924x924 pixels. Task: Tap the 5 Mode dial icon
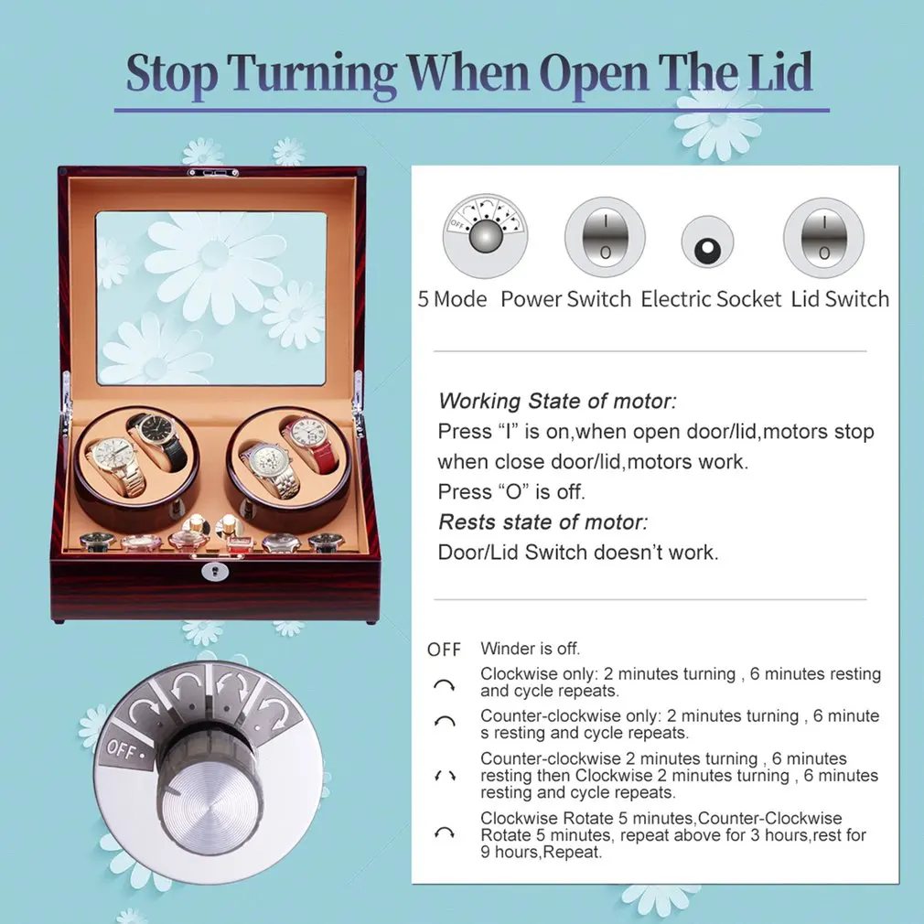coord(484,239)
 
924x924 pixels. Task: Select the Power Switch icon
coord(605,238)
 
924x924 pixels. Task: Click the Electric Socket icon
coord(707,242)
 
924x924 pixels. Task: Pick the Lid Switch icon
coord(824,238)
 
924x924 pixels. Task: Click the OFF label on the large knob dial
coord(122,748)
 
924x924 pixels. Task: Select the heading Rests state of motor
coord(543,522)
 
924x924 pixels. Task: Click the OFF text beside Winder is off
coord(445,650)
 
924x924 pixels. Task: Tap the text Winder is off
coord(531,649)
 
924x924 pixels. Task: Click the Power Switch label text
coord(565,299)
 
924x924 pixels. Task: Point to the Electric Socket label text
coord(711,299)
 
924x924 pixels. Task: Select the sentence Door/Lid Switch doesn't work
coord(578,553)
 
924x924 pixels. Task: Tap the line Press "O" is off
coord(511,491)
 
